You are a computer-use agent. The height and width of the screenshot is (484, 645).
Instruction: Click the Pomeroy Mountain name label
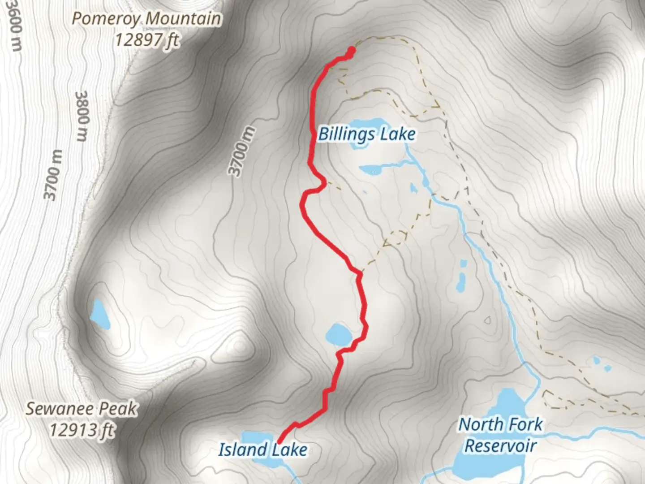point(146,19)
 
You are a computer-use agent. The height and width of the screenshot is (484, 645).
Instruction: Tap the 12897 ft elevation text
point(146,40)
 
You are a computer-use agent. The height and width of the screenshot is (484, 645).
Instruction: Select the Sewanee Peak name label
point(81,409)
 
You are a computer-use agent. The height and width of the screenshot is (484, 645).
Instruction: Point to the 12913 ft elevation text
point(81,431)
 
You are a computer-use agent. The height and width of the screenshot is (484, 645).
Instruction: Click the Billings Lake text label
point(367,134)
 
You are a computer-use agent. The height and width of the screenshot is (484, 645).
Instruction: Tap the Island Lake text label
point(263,449)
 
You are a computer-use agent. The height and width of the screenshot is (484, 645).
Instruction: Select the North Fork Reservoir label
point(500,435)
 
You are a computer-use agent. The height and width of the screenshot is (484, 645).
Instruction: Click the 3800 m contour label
point(82,116)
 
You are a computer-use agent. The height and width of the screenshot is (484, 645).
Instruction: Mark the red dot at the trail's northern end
point(351,51)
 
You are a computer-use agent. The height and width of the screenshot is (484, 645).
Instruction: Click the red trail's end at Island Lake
point(279,443)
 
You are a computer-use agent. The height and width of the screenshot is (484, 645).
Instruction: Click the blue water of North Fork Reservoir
point(493,466)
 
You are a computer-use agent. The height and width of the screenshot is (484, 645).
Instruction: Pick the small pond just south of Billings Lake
point(372,169)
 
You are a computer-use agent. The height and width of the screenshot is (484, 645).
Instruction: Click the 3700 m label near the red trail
point(242,152)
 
